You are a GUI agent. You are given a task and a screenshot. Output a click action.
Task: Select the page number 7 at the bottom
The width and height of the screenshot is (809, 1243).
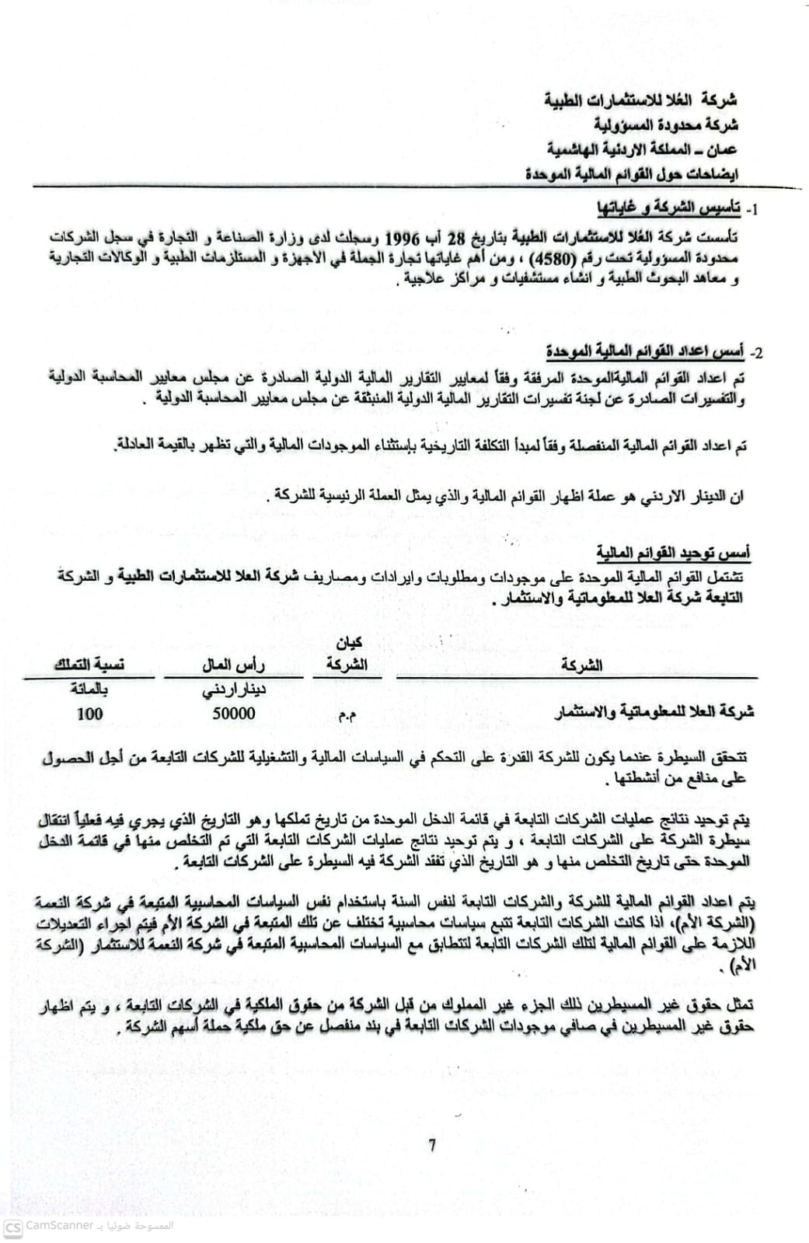432,1144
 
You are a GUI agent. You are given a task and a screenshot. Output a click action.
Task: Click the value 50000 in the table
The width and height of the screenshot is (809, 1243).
234,713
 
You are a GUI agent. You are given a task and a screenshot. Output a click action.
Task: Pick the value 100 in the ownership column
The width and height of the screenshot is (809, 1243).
90,713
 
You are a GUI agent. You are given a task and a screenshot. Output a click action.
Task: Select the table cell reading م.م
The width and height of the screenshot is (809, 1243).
347,715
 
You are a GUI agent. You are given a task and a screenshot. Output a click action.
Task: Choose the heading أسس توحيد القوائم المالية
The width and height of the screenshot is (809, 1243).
673,553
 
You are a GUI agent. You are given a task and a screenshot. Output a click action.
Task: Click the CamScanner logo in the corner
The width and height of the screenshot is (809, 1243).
12,1227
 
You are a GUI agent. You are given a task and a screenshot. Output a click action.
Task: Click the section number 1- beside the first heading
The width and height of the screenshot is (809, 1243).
752,210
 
